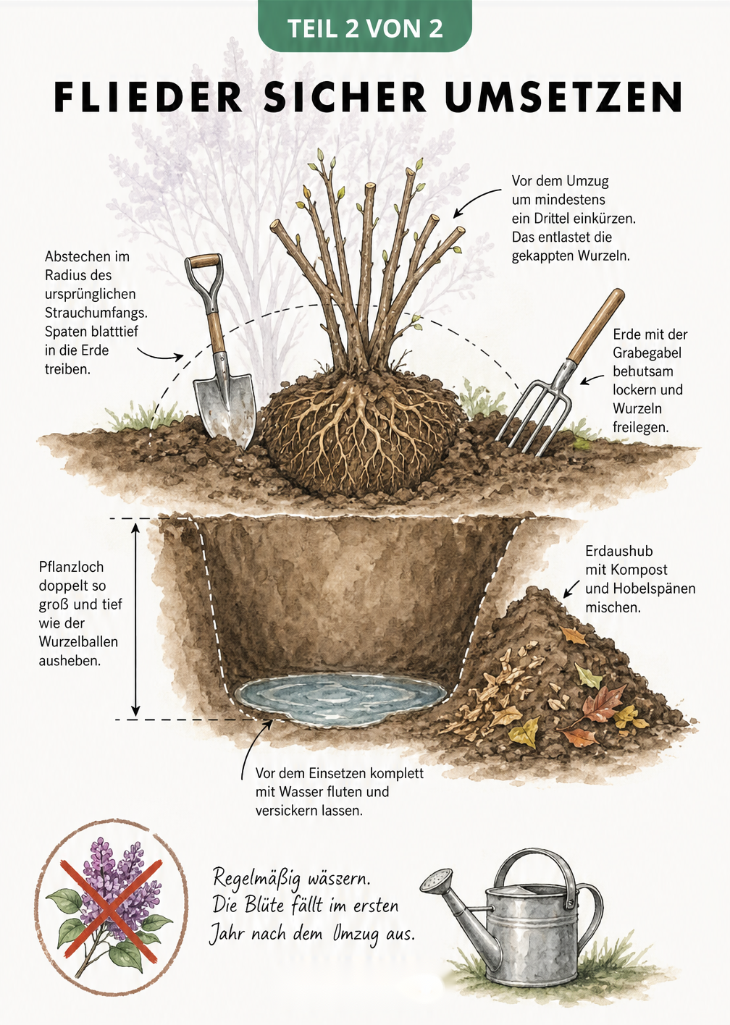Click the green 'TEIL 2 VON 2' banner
[365, 25]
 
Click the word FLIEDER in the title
[148, 97]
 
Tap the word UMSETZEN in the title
[563, 97]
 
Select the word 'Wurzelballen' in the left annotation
[78, 641]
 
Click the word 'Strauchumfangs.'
[96, 313]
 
